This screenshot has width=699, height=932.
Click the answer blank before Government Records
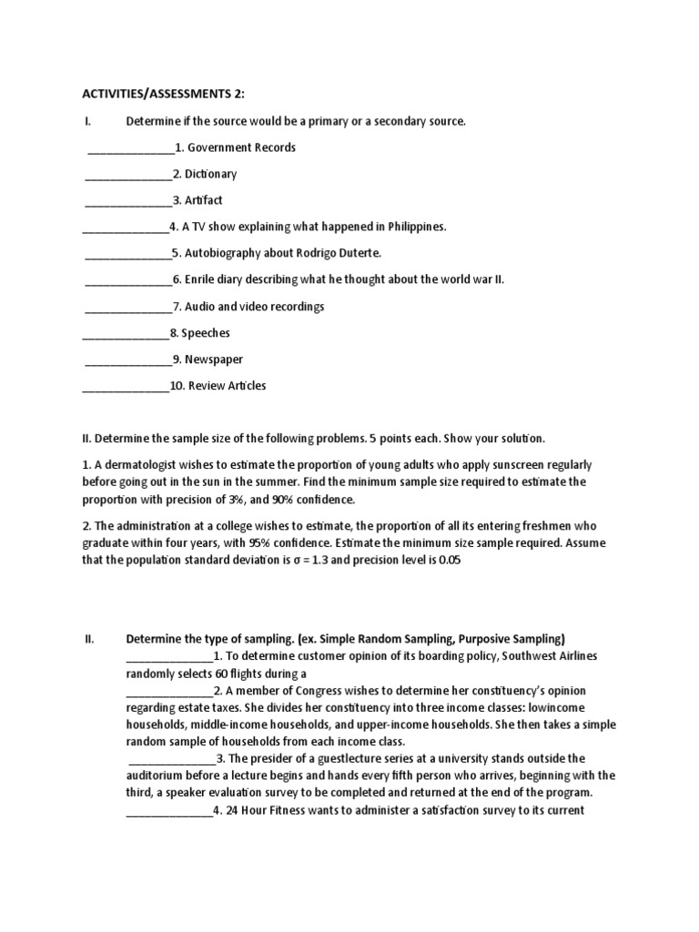[130, 148]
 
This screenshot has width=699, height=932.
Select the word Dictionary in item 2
[211, 174]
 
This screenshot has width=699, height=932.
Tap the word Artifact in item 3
[204, 200]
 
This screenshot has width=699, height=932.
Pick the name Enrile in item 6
[202, 279]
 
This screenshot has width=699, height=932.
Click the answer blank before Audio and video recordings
[128, 308]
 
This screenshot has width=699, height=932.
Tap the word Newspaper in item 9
[215, 360]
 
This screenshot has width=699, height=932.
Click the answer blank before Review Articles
[126, 387]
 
